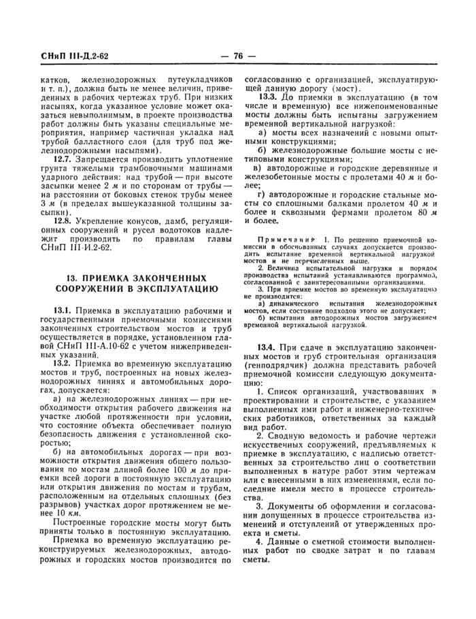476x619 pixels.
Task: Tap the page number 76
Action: [238, 56]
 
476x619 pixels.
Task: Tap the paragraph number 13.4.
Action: [267, 346]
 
